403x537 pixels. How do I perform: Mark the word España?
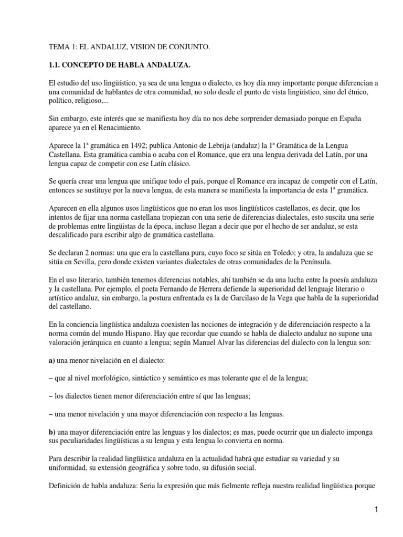pos(342,116)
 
